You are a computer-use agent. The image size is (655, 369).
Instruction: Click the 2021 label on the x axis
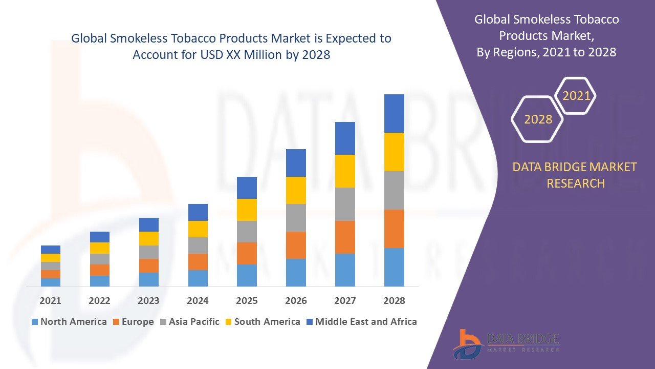tap(50, 301)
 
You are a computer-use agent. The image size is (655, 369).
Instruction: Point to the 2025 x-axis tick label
tap(247, 301)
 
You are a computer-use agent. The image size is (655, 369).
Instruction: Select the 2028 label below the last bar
tap(394, 301)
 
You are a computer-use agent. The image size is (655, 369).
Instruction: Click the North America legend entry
tap(69, 322)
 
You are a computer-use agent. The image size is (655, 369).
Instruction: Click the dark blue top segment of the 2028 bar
tap(394, 113)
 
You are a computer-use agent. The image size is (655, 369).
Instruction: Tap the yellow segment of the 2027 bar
tap(345, 171)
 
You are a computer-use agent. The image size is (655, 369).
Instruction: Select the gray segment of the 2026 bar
tap(296, 218)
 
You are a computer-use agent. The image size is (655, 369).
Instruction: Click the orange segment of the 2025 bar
tap(247, 253)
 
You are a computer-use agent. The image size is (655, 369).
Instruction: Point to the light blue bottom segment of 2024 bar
tap(198, 278)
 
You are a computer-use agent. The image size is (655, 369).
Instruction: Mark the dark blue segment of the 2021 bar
tap(50, 250)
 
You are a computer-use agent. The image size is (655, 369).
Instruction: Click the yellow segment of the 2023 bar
tap(148, 238)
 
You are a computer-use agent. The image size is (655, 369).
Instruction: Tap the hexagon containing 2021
tap(576, 96)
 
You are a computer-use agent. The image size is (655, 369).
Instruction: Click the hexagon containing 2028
tap(538, 119)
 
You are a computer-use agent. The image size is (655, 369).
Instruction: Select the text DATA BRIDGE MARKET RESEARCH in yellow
tap(575, 175)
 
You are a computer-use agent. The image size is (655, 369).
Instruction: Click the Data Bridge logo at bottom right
tap(506, 343)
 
